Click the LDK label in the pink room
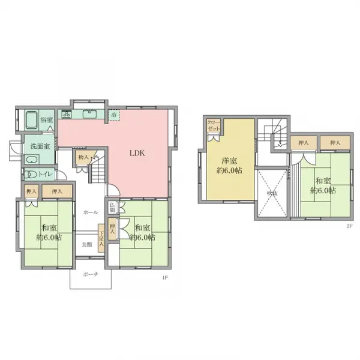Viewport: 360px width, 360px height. pyautogui.click(x=137, y=153)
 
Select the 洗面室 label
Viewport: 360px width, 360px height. pyautogui.click(x=41, y=146)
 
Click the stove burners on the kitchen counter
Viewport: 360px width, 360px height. pyautogui.click(x=66, y=113)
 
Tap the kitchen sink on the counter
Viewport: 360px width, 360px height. pyautogui.click(x=92, y=113)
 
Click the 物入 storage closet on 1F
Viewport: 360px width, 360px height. pyautogui.click(x=83, y=157)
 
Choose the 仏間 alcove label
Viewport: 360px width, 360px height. pyautogui.click(x=112, y=208)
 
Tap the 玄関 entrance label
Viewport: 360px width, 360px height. pyautogui.click(x=88, y=244)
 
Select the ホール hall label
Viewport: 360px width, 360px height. pyautogui.click(x=91, y=212)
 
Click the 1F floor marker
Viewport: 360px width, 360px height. pyautogui.click(x=164, y=277)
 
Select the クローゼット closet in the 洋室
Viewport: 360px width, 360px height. pyautogui.click(x=214, y=127)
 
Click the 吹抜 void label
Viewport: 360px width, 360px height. pyautogui.click(x=272, y=193)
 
